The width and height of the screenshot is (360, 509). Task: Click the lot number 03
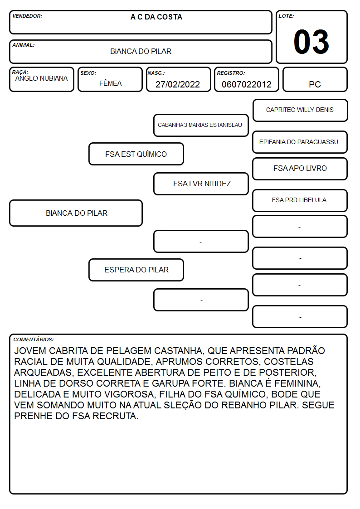coord(311,42)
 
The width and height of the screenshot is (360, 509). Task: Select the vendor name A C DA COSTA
coord(156,17)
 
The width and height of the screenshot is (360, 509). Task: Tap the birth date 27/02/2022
coord(178,84)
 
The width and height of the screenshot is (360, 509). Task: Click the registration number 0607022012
coord(246,84)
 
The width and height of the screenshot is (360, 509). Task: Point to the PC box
coord(315,79)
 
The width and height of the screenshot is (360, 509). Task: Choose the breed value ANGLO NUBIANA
coord(41,78)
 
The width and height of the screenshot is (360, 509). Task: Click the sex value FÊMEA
coord(110,83)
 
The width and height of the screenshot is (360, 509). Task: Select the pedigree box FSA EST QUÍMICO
coord(136,154)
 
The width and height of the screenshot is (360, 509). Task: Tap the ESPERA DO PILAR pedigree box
coord(136,270)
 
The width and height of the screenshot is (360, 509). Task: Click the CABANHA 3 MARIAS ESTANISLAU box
coord(201,125)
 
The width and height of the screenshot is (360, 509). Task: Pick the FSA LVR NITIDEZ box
coord(201,184)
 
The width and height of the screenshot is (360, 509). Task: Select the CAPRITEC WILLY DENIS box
coord(300,110)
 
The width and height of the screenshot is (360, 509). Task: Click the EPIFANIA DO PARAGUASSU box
coord(300,142)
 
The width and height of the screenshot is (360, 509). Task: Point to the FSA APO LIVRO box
coord(300,169)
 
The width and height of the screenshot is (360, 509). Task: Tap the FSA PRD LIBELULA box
coord(300,200)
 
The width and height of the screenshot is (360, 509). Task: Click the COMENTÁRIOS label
coord(34,339)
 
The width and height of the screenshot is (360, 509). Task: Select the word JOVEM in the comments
coord(30,351)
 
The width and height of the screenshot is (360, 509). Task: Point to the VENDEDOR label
coord(27,16)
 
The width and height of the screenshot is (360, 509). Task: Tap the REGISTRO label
coord(231,73)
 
